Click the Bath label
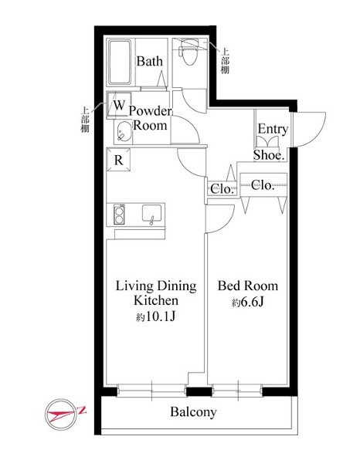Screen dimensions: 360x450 pos(149,61)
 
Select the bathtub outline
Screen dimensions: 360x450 pos(120,63)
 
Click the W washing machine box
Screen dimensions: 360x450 pos(119,105)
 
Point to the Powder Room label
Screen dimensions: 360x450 pos(150,118)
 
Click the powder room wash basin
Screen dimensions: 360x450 pos(124,132)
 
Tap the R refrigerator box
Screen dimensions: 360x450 pos(119,160)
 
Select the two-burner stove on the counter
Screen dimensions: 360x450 pos(119,215)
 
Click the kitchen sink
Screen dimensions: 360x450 pos(151,213)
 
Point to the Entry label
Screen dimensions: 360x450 pos(273,129)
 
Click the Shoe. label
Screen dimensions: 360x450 pos(269,155)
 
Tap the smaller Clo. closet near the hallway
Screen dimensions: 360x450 pos(222,188)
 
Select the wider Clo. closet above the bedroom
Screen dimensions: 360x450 pos(263,185)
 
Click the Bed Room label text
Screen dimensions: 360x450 pos(248,286)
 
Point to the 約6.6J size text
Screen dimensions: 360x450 pos(248,303)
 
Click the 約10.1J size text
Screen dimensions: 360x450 pos(156,316)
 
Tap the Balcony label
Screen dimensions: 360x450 pos(193,412)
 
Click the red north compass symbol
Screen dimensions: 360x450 pos(61,414)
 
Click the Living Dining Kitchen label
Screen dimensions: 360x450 pos(156,293)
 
